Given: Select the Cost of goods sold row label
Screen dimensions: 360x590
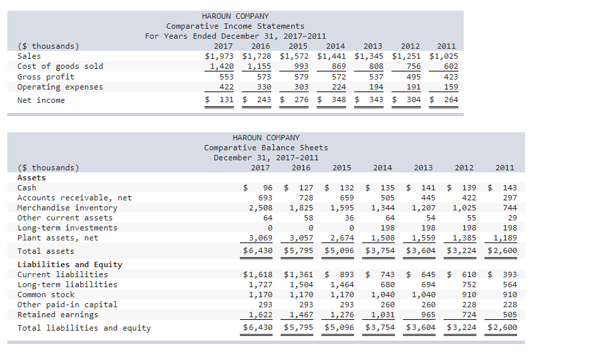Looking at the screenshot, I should pyautogui.click(x=60, y=66).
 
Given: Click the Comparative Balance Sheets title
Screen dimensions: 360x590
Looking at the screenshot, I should pyautogui.click(x=266, y=148).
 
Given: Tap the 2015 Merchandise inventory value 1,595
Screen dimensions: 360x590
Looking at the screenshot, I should pyautogui.click(x=342, y=208).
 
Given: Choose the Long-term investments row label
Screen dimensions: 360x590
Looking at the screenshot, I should pyautogui.click(x=67, y=228).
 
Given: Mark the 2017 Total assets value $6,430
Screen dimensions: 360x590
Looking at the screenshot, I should pyautogui.click(x=258, y=251).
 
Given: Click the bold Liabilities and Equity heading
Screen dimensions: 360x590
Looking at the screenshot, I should pyautogui.click(x=69, y=264).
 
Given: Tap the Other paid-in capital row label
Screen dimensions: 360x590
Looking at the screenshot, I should pyautogui.click(x=67, y=305).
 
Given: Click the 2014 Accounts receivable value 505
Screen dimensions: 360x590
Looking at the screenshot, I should pyautogui.click(x=384, y=198).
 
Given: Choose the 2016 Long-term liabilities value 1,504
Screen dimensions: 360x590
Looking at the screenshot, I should pyautogui.click(x=301, y=285).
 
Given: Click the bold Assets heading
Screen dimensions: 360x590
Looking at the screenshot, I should pyautogui.click(x=31, y=178).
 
